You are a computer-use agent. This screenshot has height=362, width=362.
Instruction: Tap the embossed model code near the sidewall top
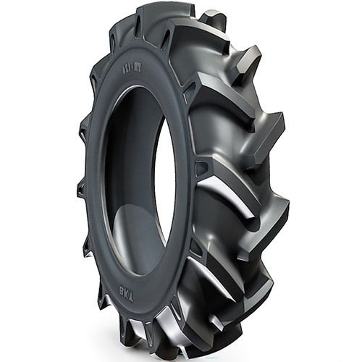tap(127, 72)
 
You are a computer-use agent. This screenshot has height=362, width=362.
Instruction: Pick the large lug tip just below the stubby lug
tap(243, 58)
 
